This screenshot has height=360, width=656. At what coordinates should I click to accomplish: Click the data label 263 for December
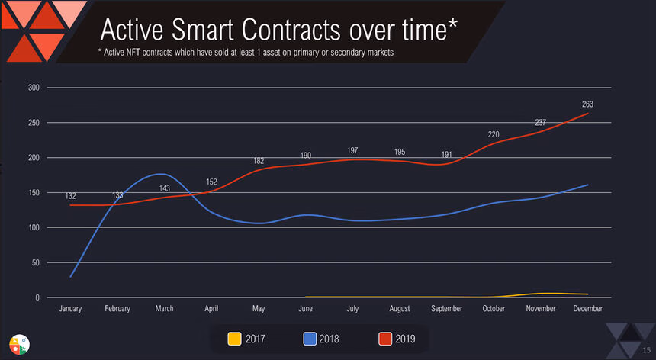tap(587, 104)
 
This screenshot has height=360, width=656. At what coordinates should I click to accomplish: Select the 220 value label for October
tap(494, 135)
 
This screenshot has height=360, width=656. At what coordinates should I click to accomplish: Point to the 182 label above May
tap(259, 161)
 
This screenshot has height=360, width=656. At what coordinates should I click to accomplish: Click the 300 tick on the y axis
tap(33, 87)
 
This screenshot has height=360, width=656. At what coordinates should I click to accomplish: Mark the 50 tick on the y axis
tap(35, 263)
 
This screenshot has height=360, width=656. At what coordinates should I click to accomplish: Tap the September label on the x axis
tap(446, 309)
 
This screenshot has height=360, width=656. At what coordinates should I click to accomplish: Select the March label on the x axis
tap(164, 309)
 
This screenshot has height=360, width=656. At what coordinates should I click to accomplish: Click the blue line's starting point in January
tap(71, 276)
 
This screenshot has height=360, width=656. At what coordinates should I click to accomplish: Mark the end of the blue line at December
tap(587, 185)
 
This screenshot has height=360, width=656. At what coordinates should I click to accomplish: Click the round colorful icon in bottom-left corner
tap(18, 344)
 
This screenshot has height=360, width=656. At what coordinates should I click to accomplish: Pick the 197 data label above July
tap(353, 150)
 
